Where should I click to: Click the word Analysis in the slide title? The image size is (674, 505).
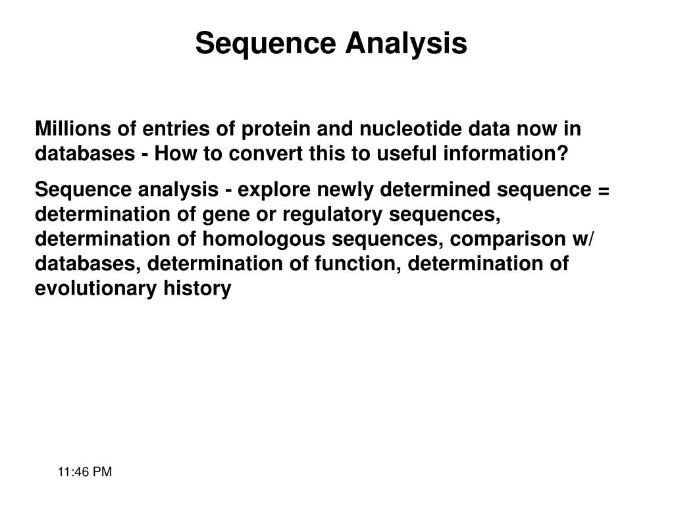[407, 44]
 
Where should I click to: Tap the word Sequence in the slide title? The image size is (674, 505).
[266, 44]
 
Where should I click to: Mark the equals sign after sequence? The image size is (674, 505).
[604, 190]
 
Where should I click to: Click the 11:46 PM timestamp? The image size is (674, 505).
[85, 472]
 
